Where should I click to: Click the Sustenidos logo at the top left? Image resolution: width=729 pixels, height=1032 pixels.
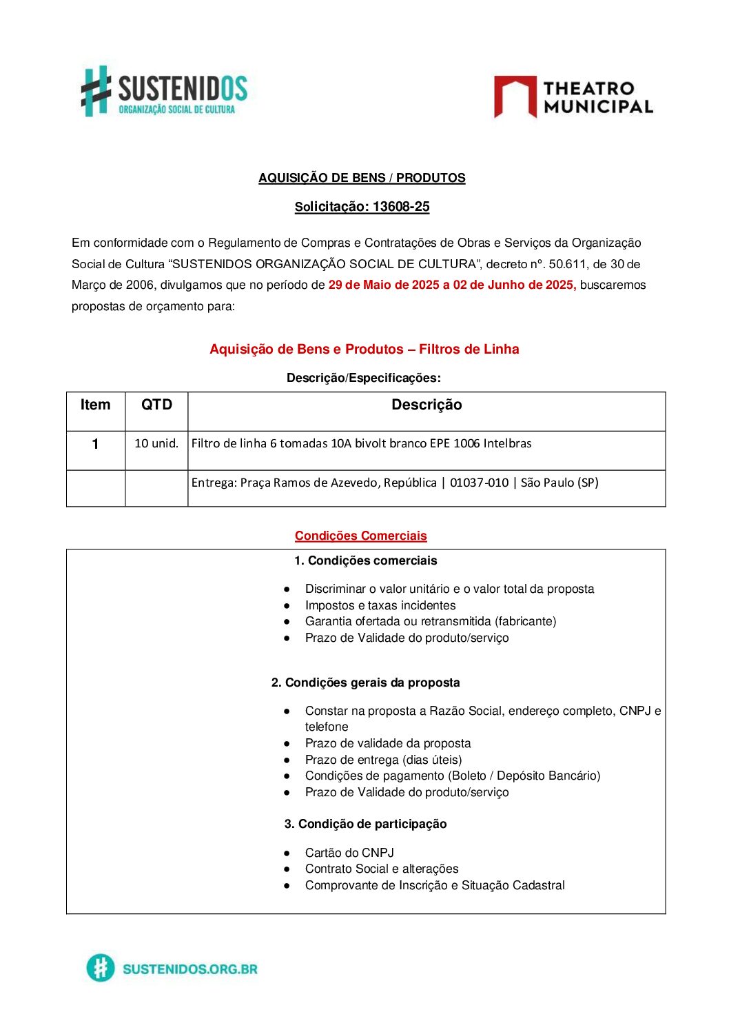164,91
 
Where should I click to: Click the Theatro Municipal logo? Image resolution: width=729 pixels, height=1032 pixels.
573,97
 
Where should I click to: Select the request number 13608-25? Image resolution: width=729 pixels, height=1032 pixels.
400,207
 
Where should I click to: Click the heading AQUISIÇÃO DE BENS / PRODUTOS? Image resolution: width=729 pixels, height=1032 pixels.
362,178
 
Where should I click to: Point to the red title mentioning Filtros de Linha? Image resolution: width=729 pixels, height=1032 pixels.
364,350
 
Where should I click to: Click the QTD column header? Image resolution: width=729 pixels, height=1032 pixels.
156,405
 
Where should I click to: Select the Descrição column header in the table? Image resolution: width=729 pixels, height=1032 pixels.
427,405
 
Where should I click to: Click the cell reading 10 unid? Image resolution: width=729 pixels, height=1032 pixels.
156,443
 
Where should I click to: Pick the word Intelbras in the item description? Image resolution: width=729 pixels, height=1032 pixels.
507,443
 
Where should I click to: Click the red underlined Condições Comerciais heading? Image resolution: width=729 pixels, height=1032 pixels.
360,536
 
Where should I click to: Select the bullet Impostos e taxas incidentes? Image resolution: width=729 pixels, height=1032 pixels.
380,605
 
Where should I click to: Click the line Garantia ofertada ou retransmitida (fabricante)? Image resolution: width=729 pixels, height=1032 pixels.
431,621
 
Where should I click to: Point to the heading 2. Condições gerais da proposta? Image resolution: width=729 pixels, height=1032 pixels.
365,682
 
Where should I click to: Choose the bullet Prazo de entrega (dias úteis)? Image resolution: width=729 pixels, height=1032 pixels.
383,760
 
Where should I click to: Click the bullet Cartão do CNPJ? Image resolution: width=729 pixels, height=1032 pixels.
349,853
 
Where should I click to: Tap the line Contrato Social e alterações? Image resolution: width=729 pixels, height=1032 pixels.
382,869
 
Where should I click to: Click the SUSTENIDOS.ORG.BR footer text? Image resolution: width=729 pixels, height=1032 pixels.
189,969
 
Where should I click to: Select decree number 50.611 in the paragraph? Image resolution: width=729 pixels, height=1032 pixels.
567,264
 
